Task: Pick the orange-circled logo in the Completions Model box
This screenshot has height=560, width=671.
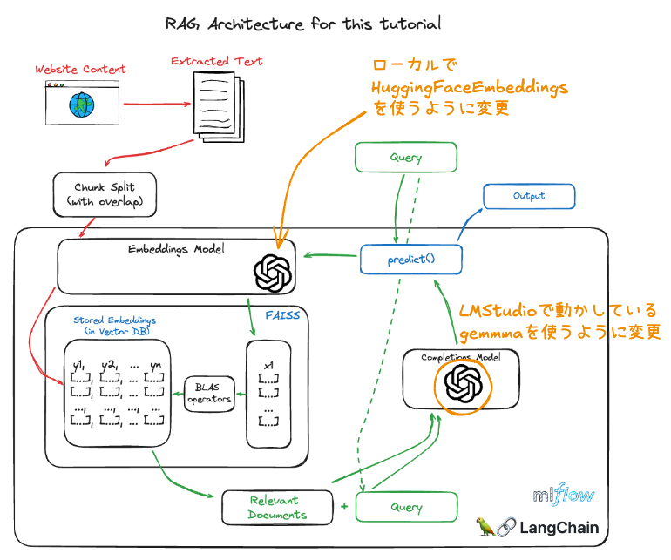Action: pos(463,381)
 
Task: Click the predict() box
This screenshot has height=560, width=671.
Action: pos(410,259)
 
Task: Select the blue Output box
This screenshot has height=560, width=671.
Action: pos(529,196)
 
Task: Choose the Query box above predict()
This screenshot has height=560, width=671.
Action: pos(406,158)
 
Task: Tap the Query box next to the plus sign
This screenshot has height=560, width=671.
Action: pos(407,507)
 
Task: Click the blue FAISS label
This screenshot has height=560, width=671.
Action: pos(281,314)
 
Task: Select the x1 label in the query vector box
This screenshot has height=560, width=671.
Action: pos(268,363)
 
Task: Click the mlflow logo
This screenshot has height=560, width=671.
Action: pos(564,496)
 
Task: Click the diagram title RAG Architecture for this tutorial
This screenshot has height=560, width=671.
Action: pos(303,24)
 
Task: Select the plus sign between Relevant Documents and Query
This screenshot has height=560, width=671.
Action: pos(344,506)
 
